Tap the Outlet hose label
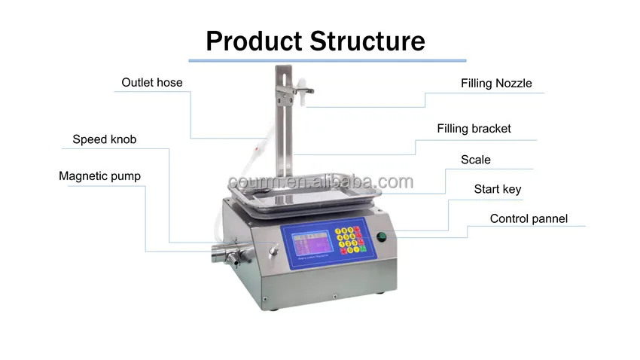152,82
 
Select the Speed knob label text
104,139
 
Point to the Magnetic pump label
99,176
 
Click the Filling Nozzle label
496,83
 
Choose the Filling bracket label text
474,129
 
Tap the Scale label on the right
475,160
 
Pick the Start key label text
497,189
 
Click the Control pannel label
529,219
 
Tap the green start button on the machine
381,237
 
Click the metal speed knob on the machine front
273,248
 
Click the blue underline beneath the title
327,60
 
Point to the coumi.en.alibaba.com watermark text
320,182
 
